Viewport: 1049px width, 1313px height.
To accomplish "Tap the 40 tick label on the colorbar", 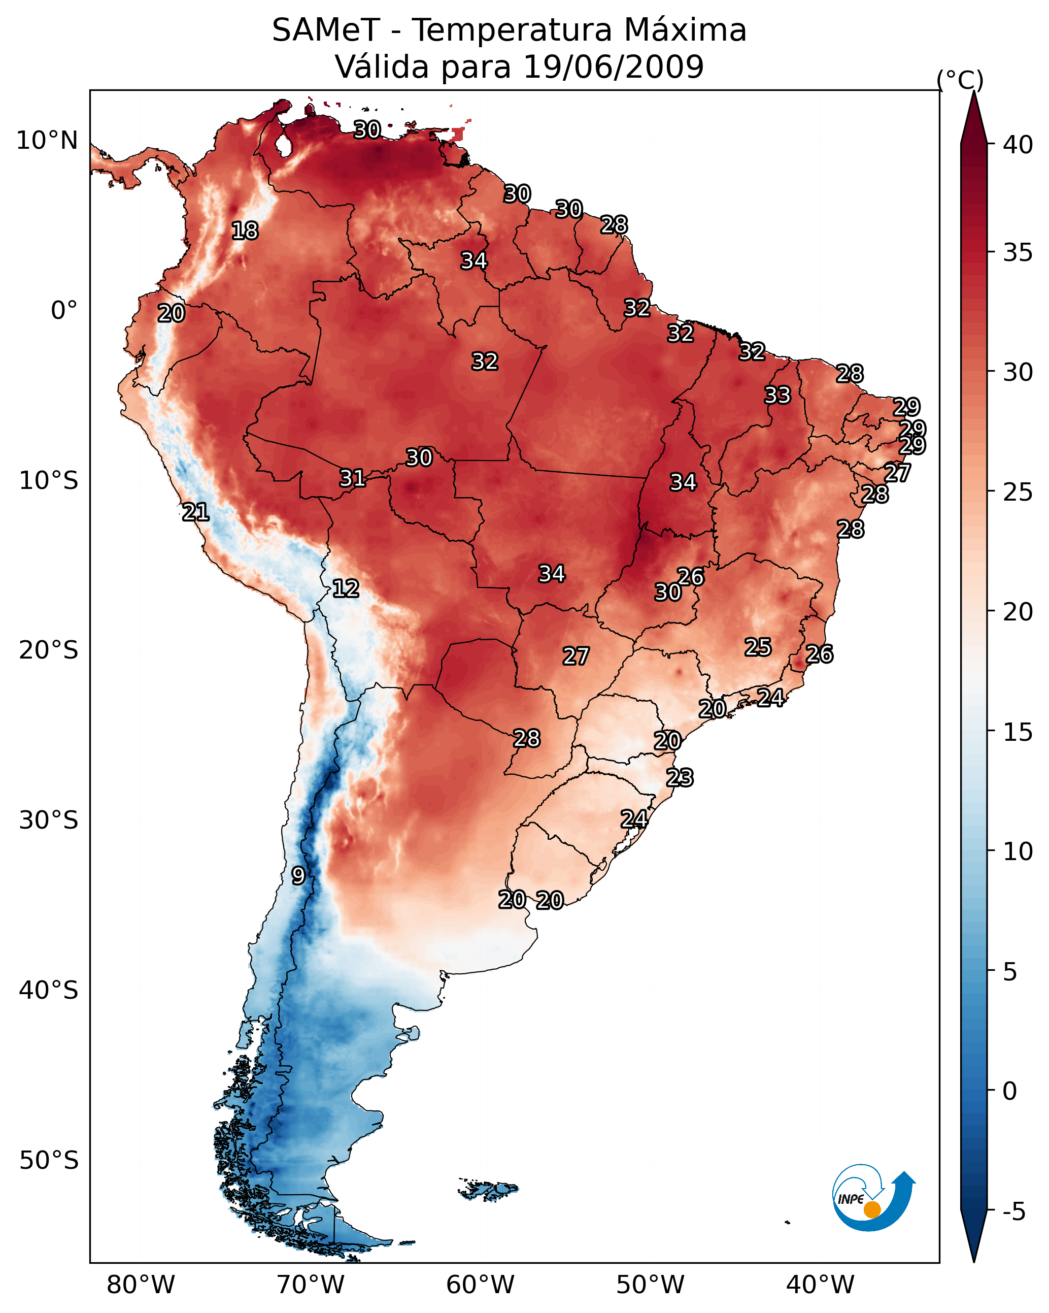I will (1018, 145).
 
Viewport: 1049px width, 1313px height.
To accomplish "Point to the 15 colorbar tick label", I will (1018, 732).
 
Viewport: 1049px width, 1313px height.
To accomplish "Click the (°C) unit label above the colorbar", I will (960, 80).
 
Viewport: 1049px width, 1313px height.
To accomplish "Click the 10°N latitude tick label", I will (47, 141).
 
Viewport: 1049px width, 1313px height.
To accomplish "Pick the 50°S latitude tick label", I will (49, 1161).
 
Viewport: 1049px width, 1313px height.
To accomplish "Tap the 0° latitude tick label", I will (64, 311).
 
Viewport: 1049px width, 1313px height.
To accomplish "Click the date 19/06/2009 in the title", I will (613, 67).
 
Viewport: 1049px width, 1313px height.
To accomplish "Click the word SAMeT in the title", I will (326, 30).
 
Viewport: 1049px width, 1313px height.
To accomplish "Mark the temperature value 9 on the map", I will (298, 876).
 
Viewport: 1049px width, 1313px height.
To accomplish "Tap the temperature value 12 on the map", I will (345, 588).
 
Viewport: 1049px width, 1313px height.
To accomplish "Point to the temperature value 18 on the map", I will (245, 231).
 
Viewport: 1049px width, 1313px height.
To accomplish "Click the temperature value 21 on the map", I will (195, 512).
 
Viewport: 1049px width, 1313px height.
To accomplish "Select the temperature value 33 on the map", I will (777, 395).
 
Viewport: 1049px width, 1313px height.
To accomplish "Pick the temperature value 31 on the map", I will (352, 478).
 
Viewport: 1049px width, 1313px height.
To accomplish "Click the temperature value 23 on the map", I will (680, 778).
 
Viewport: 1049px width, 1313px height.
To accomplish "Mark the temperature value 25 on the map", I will (758, 647).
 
